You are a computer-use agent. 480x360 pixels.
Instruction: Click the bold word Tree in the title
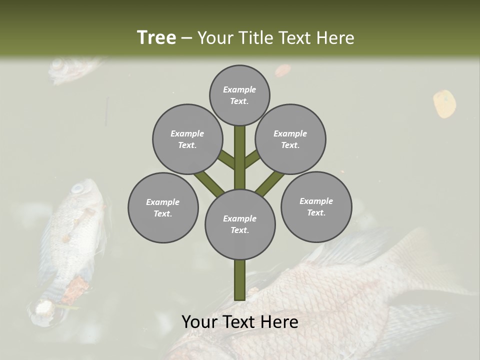point(156,37)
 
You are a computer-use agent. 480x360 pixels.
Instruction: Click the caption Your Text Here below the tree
point(240,322)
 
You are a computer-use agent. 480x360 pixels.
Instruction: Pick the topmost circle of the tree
point(239,95)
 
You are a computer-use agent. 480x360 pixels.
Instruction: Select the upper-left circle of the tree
point(187,139)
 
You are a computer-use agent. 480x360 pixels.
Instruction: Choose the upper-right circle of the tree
point(290,139)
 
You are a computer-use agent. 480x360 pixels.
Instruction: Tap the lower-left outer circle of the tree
point(163,207)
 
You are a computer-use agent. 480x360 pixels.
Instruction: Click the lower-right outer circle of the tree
point(316,206)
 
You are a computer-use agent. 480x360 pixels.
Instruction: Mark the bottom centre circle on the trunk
point(240,224)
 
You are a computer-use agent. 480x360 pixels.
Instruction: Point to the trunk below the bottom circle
point(240,280)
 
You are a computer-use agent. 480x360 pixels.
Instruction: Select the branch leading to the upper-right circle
point(252,159)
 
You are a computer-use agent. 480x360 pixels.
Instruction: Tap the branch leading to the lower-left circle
point(209,183)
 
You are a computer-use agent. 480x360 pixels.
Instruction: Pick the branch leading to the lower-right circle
point(270,183)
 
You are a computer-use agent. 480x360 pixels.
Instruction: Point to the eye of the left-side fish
point(77,188)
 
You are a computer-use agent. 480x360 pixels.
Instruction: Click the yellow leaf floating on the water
point(444,103)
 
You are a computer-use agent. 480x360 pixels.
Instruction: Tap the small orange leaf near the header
point(282,70)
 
